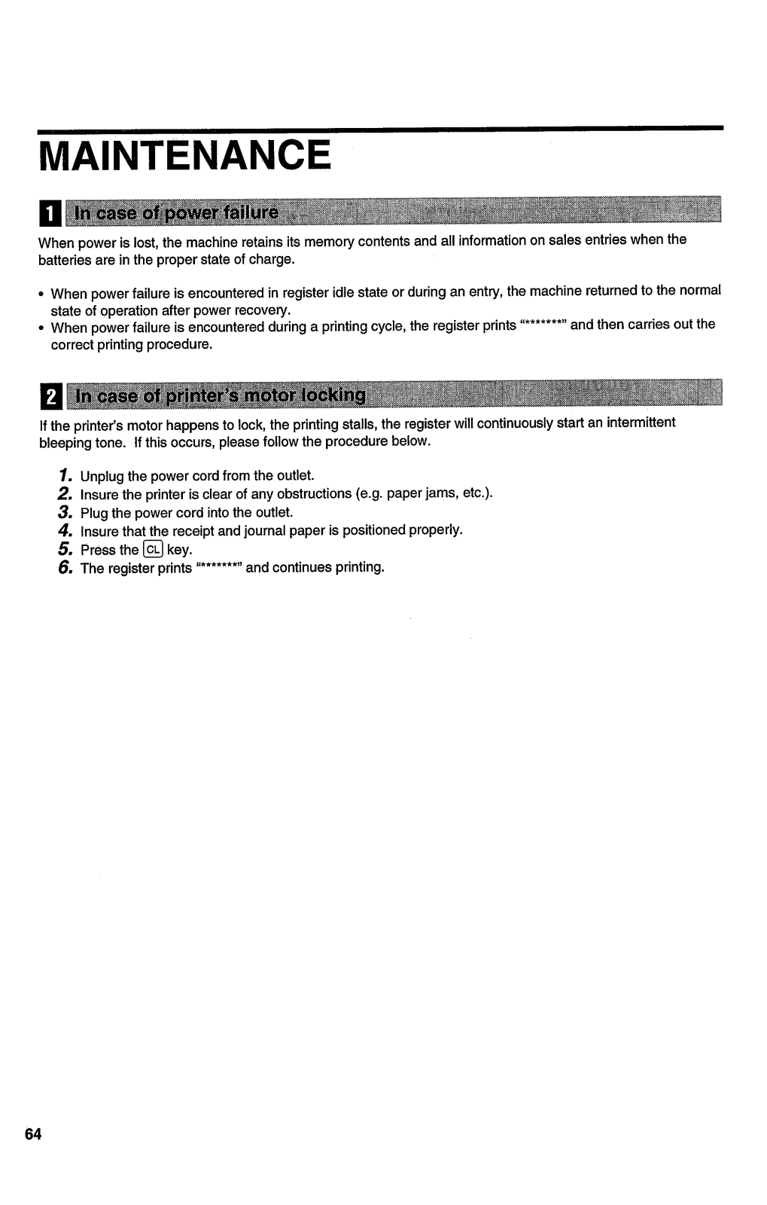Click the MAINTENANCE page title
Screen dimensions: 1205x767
pos(185,157)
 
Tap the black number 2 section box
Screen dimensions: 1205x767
pos(49,396)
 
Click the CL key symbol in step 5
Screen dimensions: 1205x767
pos(153,549)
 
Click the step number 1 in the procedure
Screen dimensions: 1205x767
pos(65,475)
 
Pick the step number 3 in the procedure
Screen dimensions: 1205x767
pos(64,512)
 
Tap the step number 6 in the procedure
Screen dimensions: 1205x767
pos(65,567)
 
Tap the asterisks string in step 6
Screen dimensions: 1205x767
pos(218,567)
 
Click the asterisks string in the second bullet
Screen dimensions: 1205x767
pos(543,325)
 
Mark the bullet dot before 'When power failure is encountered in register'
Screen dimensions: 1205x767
pos(42,292)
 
